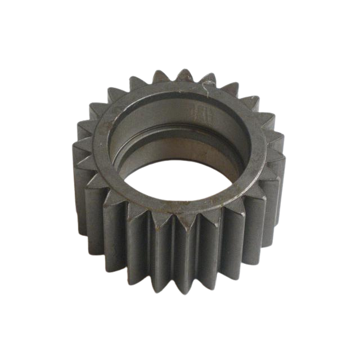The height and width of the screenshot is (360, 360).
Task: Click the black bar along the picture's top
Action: [180, 22]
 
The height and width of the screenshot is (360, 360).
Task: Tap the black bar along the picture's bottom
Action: [180, 337]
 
